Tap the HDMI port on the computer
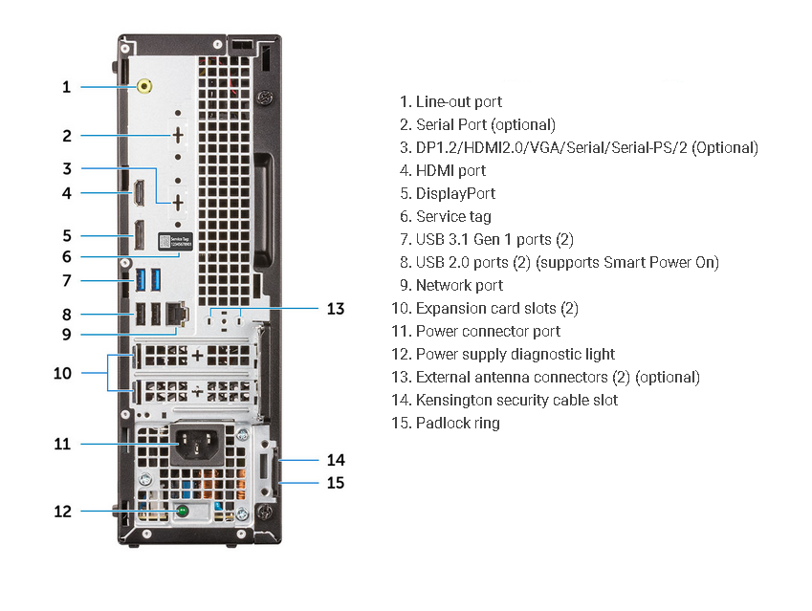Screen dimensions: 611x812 point(139,193)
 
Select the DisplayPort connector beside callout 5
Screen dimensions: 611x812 point(139,235)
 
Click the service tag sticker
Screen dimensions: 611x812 point(169,244)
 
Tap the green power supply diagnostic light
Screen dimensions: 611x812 point(182,512)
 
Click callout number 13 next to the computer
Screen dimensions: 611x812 point(335,308)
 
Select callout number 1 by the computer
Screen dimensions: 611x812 point(66,87)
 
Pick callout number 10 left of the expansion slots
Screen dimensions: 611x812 point(62,372)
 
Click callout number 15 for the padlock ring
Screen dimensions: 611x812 point(335,482)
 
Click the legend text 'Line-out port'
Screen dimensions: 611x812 point(458,101)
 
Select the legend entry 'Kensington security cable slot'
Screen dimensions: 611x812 point(516,400)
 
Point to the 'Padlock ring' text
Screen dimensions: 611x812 point(457,423)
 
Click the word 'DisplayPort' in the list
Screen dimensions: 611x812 point(455,193)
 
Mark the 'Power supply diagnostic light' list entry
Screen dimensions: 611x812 point(515,354)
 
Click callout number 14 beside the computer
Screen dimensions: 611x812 point(335,459)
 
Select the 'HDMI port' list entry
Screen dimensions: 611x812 point(450,170)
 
